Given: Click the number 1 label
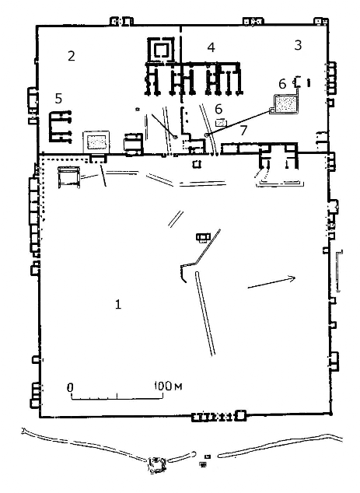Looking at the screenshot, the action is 118,304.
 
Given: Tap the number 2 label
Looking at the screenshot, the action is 72,56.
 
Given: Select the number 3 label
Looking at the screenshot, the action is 298,45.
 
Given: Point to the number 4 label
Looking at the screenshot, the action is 211,47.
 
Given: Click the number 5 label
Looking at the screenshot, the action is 58,99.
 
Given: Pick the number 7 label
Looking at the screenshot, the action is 243,130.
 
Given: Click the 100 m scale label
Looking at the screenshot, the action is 168,386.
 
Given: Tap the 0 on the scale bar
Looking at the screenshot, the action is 70,387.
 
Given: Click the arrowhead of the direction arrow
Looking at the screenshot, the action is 292,278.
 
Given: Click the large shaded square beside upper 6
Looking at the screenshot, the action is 285,104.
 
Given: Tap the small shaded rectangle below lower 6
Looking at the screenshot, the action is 221,122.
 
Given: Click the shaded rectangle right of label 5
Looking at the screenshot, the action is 96,142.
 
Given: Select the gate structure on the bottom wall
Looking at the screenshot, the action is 218,417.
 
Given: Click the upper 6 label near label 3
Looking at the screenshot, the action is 282,84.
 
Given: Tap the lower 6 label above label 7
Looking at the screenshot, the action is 218,109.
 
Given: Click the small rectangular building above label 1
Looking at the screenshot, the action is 203,236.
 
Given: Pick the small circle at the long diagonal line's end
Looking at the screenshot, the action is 206,135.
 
